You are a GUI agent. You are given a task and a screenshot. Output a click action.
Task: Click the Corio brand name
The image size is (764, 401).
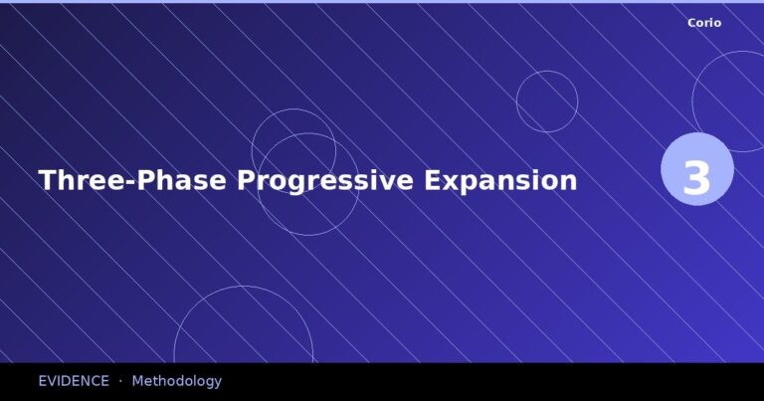tap(704, 23)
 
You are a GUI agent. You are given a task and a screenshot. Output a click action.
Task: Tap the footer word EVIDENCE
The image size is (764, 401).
tap(74, 381)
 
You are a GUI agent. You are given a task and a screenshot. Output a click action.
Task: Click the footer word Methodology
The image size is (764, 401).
tap(176, 381)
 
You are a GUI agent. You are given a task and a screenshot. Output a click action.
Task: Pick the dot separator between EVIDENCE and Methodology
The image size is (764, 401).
tap(120, 381)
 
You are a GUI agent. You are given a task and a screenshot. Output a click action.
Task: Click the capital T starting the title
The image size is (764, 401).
tap(47, 181)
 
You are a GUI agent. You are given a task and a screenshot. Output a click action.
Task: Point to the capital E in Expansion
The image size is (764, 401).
tap(433, 181)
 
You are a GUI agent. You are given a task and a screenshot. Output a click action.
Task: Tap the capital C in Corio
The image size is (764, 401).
tap(692, 23)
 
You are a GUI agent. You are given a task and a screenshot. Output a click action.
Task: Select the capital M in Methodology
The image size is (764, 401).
tap(137, 381)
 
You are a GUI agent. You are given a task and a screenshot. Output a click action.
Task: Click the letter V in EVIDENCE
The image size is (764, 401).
tap(52, 381)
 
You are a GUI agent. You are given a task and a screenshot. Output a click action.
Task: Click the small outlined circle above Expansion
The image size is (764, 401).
tap(547, 101)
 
